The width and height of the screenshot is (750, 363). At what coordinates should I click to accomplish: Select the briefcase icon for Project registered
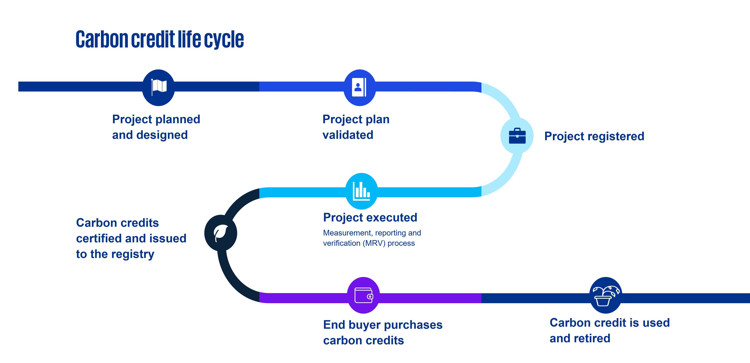pos(517,136)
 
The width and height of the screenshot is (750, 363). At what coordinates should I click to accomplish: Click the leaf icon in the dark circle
pos(220,233)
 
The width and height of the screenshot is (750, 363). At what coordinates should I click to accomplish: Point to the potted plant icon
pos(606,295)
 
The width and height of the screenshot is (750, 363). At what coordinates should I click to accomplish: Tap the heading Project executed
pos(370,217)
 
